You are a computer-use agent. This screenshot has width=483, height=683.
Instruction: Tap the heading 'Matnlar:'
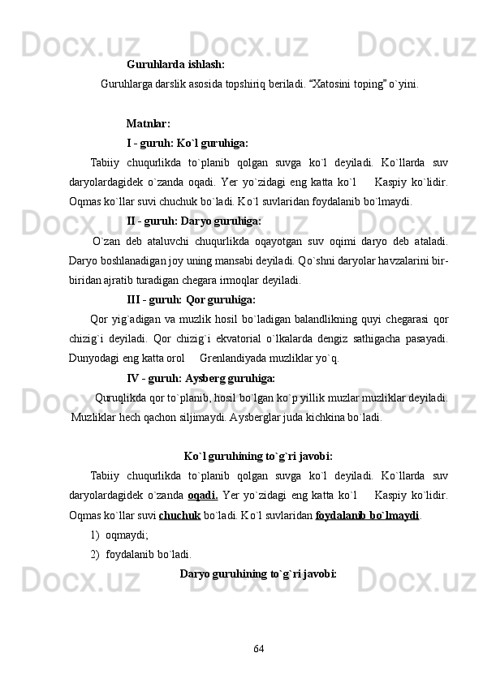coord(149,124)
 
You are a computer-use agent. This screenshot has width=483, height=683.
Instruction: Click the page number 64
coord(259,648)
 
